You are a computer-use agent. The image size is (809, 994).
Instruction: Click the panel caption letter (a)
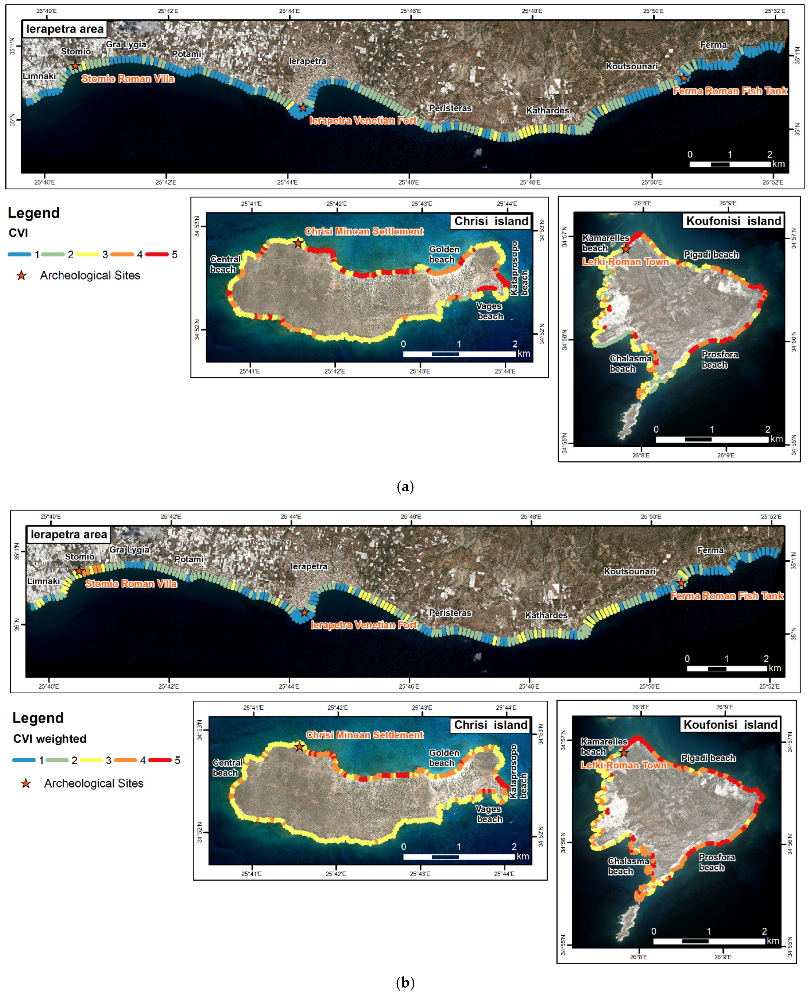pos(404,487)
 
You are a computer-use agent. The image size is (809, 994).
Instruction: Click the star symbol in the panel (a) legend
pos(21,275)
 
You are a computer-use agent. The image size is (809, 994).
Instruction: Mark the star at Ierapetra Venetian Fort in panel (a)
pos(303,108)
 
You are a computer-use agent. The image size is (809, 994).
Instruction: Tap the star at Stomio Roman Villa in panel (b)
pos(79,571)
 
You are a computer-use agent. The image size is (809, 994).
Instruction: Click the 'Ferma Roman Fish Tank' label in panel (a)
pos(730,91)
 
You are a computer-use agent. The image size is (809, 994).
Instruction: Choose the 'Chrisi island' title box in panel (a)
pos(491,221)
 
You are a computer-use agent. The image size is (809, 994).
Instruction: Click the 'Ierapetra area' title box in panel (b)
pos(68,534)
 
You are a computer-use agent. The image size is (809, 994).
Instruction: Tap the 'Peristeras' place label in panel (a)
pos(450,108)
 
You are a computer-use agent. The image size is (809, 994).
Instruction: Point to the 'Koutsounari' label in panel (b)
pos(630,571)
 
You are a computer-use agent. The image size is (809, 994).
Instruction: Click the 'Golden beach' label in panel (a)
pos(444,254)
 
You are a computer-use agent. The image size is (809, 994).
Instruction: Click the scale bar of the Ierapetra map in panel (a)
pos(730,164)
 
